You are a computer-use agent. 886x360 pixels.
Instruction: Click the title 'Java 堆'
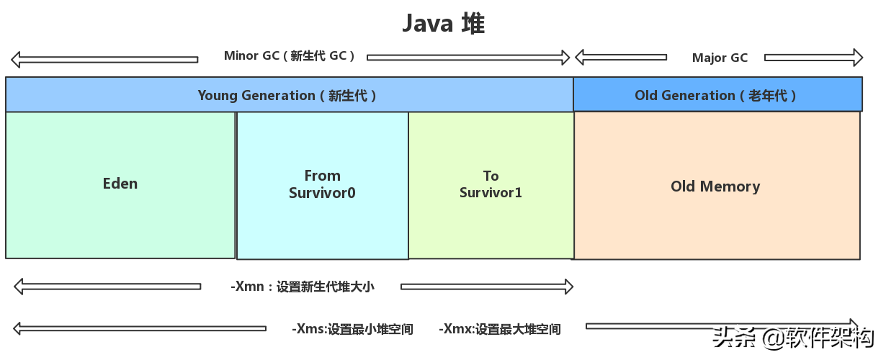coord(443,23)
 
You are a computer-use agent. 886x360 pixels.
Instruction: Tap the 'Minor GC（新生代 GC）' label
coord(290,56)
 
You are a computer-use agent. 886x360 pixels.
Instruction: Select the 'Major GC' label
coord(720,58)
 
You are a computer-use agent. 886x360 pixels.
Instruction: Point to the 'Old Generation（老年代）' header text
coord(717,95)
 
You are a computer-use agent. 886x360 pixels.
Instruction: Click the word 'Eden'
coord(120,184)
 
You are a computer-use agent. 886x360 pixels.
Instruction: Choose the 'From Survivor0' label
coord(322,184)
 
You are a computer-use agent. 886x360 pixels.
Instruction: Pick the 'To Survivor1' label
coord(491,184)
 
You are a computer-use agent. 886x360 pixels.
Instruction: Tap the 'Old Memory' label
coord(715,186)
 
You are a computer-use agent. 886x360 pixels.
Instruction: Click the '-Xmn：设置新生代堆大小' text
coord(303,287)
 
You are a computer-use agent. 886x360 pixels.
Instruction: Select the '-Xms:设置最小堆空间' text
coord(352,329)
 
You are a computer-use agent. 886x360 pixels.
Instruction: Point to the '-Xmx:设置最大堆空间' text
coord(500,329)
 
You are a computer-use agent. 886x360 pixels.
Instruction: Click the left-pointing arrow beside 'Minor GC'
coord(104,59)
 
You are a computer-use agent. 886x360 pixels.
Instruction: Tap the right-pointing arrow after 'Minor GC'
coord(468,57)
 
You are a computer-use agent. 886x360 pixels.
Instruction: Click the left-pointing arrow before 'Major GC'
coord(620,57)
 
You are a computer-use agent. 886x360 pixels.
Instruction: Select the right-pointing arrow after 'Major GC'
coord(813,58)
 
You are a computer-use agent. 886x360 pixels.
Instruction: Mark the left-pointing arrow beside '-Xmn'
coord(107,287)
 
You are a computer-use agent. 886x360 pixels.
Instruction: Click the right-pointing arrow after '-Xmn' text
coord(487,287)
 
